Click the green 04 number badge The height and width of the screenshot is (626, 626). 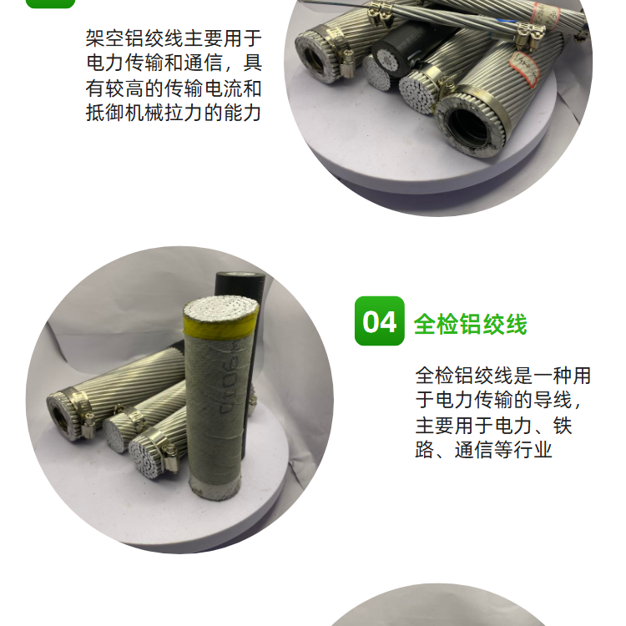379,321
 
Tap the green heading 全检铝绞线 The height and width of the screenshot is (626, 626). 470,323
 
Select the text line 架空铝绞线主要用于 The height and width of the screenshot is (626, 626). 174,38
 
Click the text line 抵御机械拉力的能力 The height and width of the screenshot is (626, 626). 174,112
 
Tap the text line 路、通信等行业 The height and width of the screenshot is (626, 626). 483,450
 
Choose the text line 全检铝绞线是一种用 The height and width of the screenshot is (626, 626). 503,376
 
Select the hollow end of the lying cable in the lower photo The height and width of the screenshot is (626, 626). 63,416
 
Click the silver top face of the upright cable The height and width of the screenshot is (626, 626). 221,307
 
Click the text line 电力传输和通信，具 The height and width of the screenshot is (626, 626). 174,63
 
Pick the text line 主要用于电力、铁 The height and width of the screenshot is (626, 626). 494,425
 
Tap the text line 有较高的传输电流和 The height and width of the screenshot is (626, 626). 174,88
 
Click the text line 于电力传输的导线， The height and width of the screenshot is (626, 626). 499,400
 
